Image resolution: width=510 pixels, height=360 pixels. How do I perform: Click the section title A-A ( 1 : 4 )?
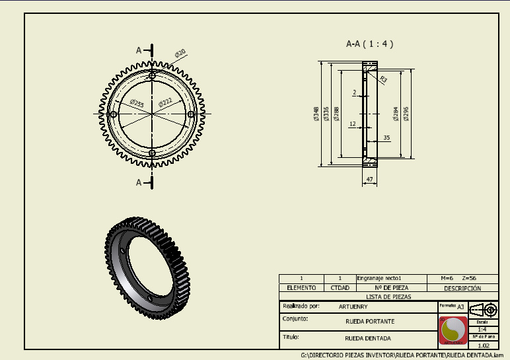click(x=370, y=44)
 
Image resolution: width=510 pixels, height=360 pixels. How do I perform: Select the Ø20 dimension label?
click(x=180, y=54)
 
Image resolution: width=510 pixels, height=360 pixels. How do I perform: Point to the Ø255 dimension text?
click(x=137, y=102)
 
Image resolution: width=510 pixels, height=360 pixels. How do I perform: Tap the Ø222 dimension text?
click(x=165, y=102)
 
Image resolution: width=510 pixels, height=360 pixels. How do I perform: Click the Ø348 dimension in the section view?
click(x=317, y=114)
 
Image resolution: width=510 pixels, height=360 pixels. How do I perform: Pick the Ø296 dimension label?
click(x=406, y=114)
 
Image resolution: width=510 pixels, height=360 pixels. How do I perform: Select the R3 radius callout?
click(x=384, y=79)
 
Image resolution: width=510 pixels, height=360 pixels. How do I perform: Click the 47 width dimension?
click(x=369, y=179)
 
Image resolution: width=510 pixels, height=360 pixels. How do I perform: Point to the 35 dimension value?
click(x=386, y=137)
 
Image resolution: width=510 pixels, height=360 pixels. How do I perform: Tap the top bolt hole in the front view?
click(x=153, y=76)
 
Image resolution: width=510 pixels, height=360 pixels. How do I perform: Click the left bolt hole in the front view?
click(x=114, y=115)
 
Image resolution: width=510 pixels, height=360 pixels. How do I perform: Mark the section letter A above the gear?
click(x=139, y=50)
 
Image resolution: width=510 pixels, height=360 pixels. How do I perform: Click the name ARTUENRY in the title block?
click(x=353, y=306)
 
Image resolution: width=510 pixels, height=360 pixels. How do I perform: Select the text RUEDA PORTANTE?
click(x=370, y=321)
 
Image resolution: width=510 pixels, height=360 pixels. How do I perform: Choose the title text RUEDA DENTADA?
click(x=368, y=338)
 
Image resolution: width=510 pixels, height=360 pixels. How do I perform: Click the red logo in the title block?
click(x=453, y=330)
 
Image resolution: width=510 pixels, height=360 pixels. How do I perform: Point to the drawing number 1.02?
click(x=483, y=345)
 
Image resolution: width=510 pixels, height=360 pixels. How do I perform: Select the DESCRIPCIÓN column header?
click(x=462, y=288)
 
